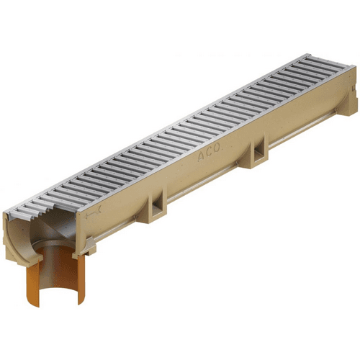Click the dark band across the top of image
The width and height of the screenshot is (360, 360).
180,24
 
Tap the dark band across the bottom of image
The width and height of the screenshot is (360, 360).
180,335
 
